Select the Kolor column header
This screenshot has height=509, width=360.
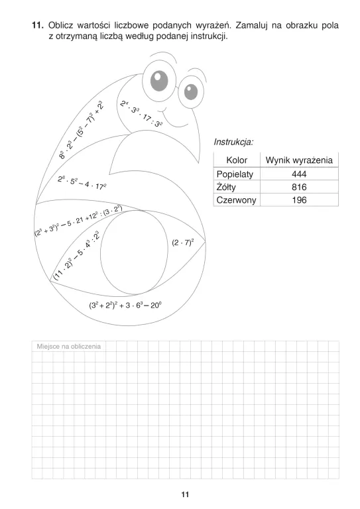coord(237,160)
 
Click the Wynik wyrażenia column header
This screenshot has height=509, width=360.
coord(298,160)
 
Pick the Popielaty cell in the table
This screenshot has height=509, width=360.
coord(237,174)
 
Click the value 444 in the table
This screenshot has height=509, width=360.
coord(298,174)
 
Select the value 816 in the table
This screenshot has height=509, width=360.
coord(298,187)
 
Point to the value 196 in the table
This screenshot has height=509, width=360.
coord(298,199)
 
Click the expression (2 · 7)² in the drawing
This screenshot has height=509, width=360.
coord(182,243)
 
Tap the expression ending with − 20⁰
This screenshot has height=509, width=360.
coord(125,306)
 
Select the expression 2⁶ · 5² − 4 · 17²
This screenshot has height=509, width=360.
coord(82,182)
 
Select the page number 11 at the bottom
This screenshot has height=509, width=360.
coord(185,494)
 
